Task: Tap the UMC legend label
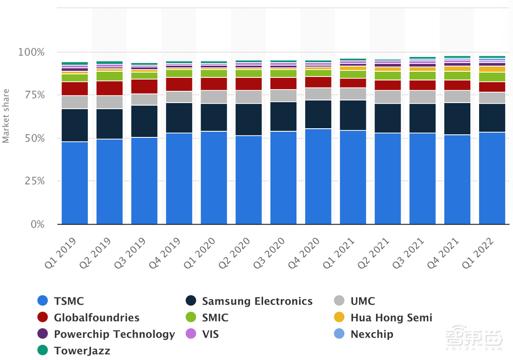[363, 302]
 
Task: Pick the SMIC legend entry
[215, 318]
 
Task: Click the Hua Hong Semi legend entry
[391, 318]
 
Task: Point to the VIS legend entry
[210, 334]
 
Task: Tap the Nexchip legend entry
[371, 334]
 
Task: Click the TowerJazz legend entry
[82, 351]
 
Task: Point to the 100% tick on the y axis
[31, 52]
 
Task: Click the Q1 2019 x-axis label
[61, 253]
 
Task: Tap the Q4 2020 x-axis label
[304, 253]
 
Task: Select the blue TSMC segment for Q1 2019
[74, 183]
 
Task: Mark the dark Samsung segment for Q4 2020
[318, 114]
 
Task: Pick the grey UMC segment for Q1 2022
[491, 98]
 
